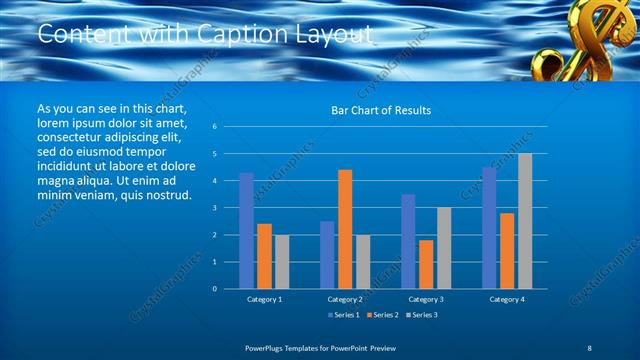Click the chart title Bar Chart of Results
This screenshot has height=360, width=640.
(381, 110)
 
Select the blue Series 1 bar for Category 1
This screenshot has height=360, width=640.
(246, 231)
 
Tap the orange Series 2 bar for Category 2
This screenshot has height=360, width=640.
(345, 229)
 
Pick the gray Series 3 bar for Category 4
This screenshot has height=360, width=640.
(525, 221)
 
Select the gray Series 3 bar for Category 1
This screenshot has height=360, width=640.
(282, 262)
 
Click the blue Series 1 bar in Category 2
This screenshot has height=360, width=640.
(327, 255)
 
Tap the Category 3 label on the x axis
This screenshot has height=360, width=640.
(426, 299)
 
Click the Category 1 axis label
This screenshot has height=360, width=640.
(264, 299)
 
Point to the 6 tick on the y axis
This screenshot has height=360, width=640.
(214, 127)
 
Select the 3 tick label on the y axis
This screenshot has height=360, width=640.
(214, 208)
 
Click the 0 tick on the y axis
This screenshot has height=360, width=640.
(214, 289)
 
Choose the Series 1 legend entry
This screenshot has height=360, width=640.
(346, 315)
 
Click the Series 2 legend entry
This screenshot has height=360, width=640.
(384, 315)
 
